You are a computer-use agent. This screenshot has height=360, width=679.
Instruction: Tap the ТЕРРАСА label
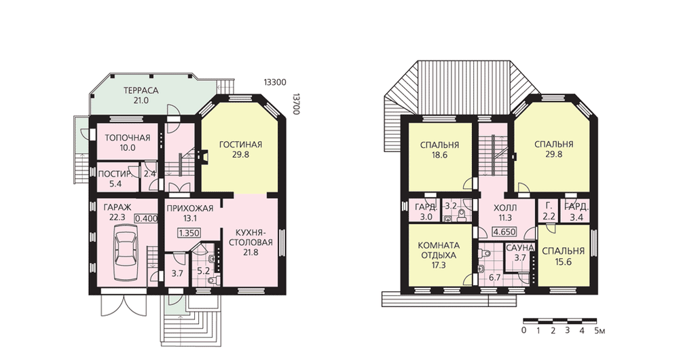(141, 91)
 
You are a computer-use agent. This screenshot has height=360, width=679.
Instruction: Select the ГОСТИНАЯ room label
(240, 145)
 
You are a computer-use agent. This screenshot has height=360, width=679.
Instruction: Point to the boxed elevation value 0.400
(147, 219)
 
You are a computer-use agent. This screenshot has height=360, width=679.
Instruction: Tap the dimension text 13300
(275, 82)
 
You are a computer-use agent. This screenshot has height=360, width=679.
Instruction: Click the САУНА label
(519, 248)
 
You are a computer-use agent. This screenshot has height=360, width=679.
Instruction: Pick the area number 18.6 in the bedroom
(439, 155)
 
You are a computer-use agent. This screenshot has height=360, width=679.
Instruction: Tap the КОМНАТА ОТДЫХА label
(439, 251)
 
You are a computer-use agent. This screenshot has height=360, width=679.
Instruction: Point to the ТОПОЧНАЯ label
(128, 138)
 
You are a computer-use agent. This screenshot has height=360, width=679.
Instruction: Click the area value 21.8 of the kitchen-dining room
(251, 252)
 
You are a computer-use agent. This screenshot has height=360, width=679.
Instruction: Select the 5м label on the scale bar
(600, 331)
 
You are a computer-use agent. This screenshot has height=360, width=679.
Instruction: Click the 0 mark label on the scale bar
(524, 331)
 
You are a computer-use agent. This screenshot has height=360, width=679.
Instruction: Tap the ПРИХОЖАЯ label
(190, 209)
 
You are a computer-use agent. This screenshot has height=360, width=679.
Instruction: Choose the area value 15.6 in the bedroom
(564, 262)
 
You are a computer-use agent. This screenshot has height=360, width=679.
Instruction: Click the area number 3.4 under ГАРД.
(576, 217)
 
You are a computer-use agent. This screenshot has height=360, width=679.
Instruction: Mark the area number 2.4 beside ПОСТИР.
(150, 174)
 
